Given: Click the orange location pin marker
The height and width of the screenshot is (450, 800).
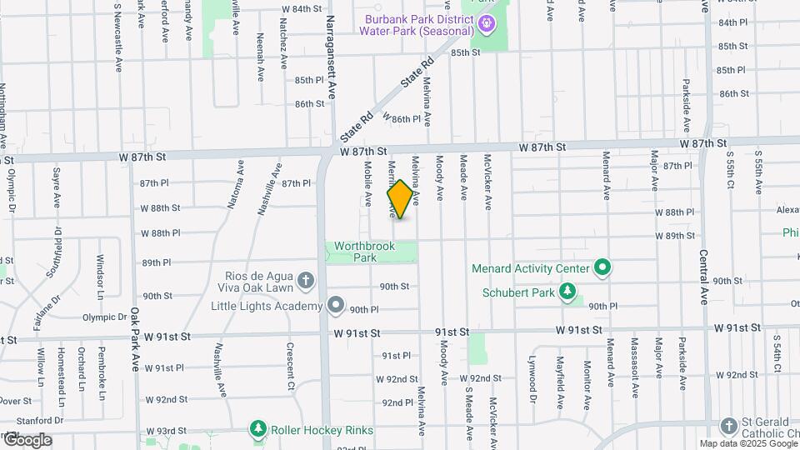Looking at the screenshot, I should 400,199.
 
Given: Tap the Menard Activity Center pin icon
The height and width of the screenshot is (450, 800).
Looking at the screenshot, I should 602,268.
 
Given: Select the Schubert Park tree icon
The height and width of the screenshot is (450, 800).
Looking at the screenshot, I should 567,292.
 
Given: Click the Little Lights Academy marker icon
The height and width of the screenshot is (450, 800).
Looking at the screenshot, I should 336,306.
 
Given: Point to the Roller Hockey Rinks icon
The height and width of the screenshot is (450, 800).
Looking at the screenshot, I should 258,429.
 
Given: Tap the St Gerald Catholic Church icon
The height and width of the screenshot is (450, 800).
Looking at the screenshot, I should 729,426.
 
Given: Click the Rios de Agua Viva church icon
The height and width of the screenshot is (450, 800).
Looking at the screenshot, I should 307,281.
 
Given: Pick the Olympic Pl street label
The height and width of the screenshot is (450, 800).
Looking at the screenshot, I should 105,317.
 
